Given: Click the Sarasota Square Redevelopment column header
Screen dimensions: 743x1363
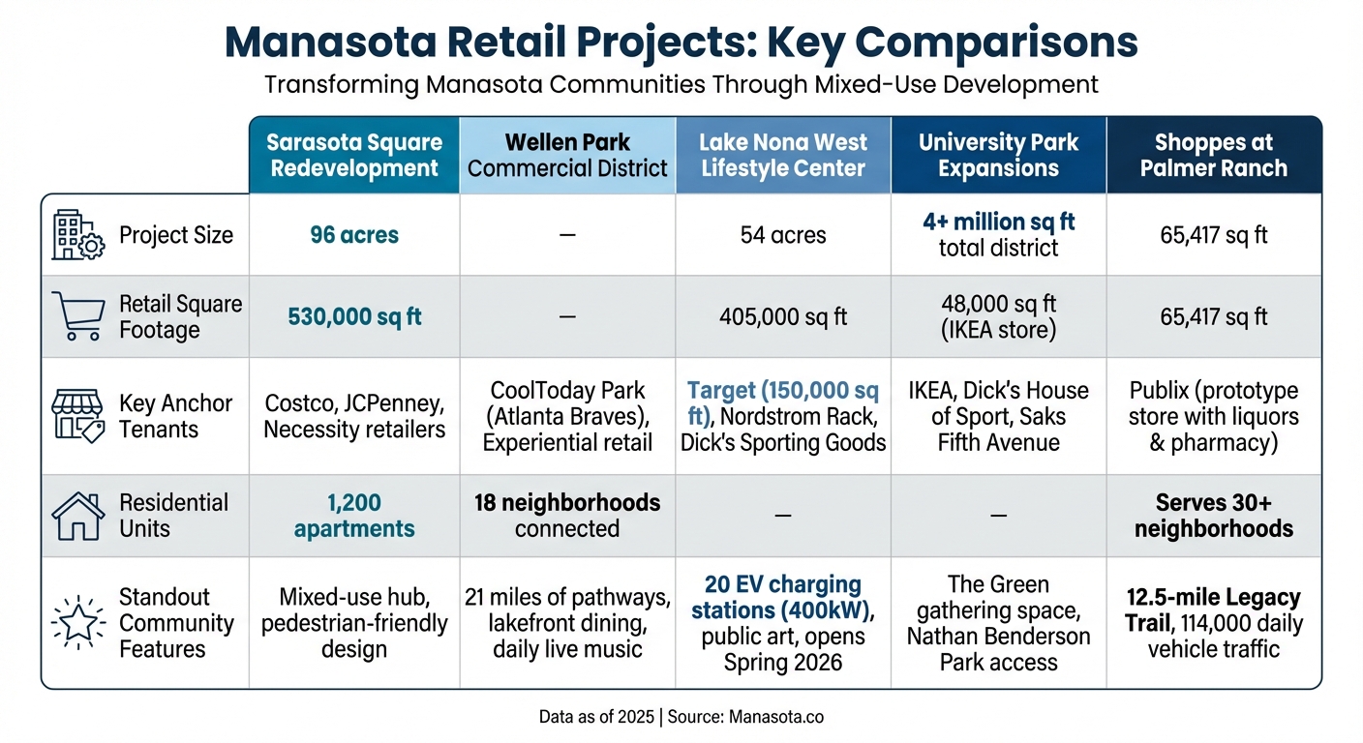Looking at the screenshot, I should [353, 155].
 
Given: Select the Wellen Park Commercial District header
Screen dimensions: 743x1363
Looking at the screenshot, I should [567, 155].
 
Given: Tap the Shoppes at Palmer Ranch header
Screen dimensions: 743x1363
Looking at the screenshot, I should [1213, 155].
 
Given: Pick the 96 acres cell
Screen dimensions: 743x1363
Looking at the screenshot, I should [353, 235].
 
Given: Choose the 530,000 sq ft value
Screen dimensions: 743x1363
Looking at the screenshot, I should [353, 316].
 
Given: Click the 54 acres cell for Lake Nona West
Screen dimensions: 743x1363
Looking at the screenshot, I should [782, 235].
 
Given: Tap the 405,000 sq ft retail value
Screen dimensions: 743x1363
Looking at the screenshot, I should [782, 316].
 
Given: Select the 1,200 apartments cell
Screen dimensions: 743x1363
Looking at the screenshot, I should [353, 516].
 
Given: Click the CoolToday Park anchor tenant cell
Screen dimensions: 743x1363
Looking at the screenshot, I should [567, 417].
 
